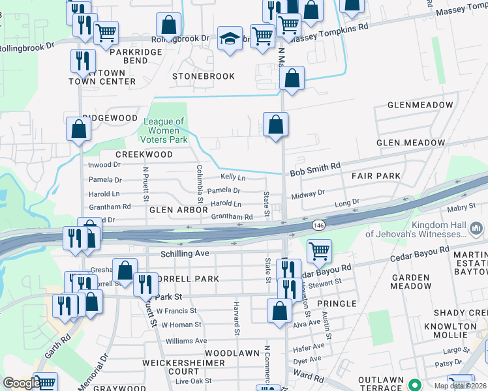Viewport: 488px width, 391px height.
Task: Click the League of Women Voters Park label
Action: [x=164, y=130]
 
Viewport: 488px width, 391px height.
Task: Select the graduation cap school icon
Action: [x=230, y=40]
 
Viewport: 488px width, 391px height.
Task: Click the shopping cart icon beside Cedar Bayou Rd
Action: [x=319, y=251]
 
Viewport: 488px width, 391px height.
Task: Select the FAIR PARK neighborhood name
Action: [x=375, y=177]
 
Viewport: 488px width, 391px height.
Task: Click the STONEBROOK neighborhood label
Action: [x=203, y=76]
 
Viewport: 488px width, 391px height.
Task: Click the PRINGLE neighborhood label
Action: [x=336, y=304]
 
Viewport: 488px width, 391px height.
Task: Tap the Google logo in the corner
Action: [x=22, y=383]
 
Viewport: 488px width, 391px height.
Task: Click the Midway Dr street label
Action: [x=308, y=194]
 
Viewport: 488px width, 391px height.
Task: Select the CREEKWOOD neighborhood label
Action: [x=144, y=154]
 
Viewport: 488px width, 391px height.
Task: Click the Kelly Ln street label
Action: [x=233, y=177]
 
